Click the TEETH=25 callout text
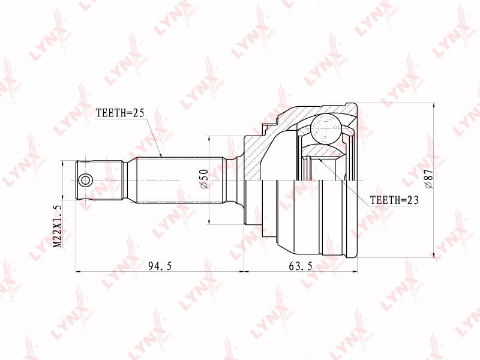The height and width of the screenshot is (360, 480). (119, 113)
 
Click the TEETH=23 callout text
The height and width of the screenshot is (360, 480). (394, 200)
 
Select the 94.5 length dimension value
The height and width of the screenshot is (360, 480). (160, 266)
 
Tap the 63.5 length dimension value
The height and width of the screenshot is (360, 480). (301, 266)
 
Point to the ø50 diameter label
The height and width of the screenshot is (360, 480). (204, 179)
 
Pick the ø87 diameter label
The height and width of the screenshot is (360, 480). (429, 179)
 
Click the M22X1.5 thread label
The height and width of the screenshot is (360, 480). (58, 227)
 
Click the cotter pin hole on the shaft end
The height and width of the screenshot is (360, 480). (85, 181)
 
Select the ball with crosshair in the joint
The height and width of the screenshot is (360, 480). (326, 128)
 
